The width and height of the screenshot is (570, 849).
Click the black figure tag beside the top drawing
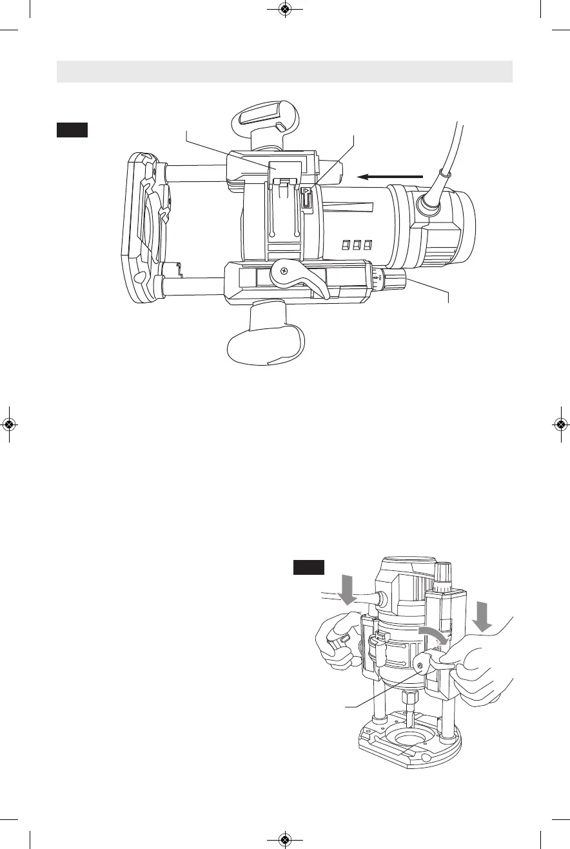tap(71, 130)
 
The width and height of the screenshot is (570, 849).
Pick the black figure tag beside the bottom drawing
tap(308, 567)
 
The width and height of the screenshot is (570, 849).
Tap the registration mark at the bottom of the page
tap(285, 839)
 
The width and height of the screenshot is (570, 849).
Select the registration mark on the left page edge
tap(8, 424)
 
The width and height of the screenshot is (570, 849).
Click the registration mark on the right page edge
tap(561, 424)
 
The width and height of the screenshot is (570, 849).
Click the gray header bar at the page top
tap(285, 72)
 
